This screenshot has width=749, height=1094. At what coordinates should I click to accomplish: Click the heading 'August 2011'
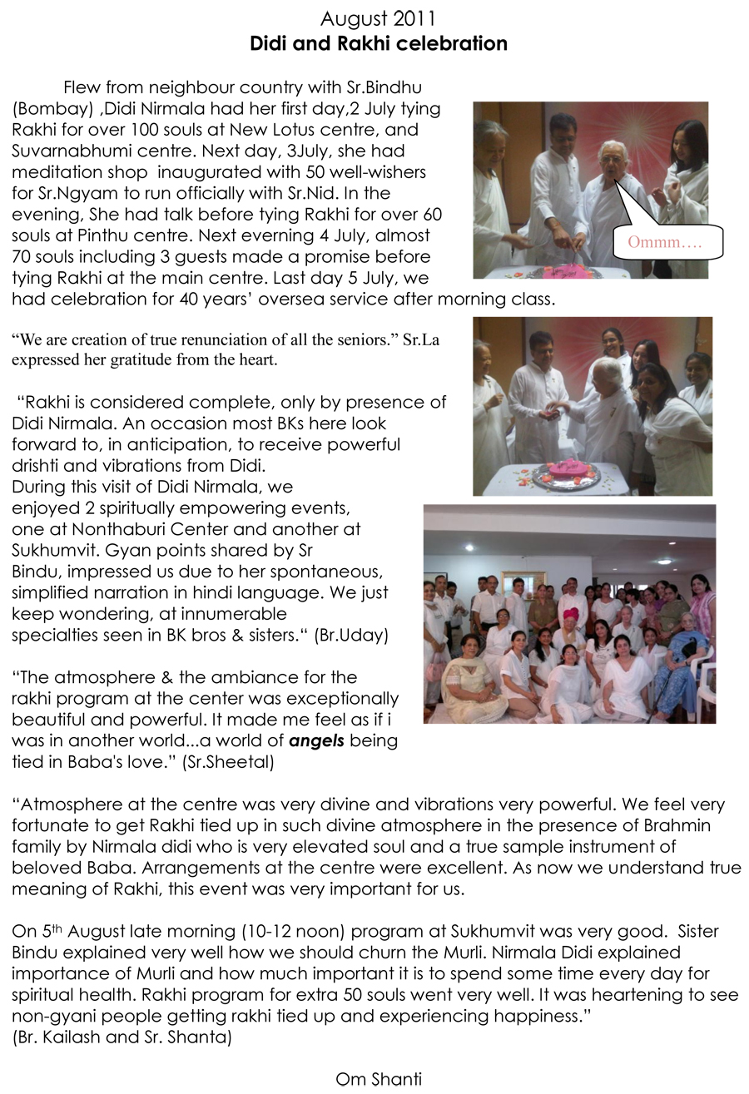(378, 18)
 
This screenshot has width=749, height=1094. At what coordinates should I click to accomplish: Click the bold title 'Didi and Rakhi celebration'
(379, 43)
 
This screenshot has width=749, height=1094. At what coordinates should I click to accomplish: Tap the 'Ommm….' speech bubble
(666, 242)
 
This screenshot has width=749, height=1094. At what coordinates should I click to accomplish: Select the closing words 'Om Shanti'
(379, 1079)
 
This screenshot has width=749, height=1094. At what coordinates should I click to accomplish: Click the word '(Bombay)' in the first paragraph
(50, 109)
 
